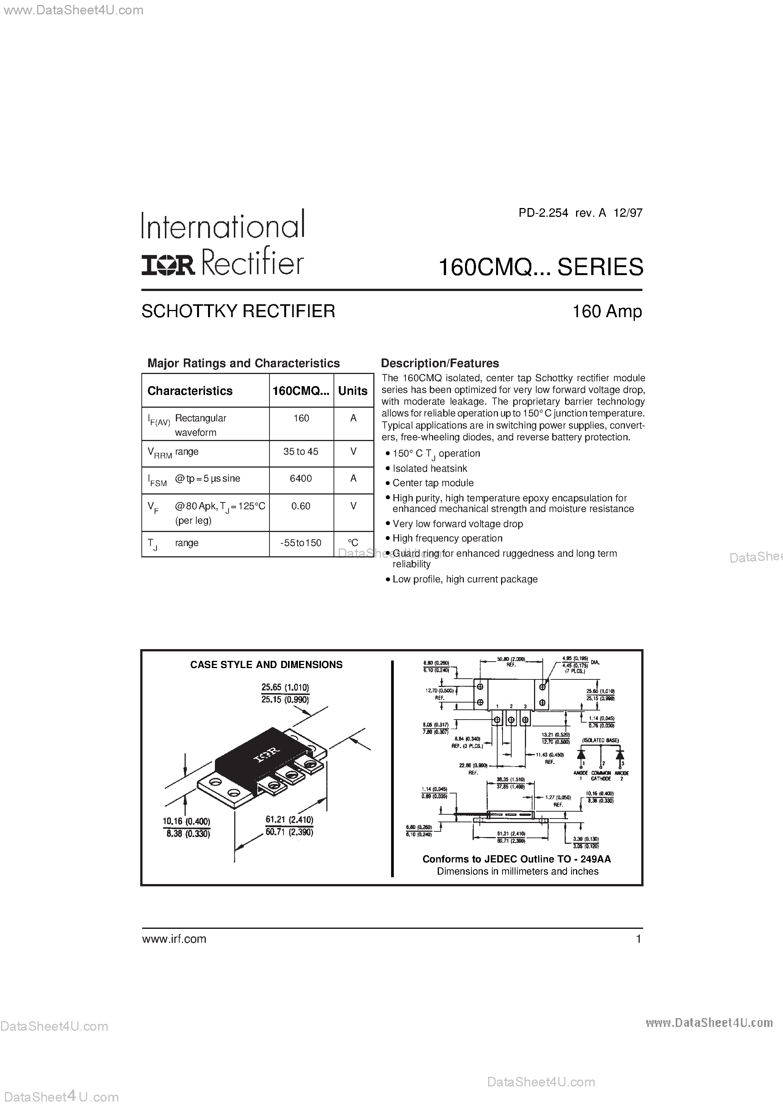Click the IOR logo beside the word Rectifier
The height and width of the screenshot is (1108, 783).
168,265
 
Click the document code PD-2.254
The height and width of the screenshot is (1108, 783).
543,213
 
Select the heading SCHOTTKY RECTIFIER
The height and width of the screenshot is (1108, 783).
238,311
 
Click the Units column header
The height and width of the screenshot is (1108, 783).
353,391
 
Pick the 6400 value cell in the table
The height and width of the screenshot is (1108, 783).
301,478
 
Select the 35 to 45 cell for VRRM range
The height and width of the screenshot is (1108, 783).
301,452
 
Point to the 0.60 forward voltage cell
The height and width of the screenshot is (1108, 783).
301,506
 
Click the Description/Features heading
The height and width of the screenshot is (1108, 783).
440,363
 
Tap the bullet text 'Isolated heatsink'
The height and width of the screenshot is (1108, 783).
430,468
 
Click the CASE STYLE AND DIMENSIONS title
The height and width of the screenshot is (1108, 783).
266,665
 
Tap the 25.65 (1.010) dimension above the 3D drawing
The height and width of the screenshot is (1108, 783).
285,687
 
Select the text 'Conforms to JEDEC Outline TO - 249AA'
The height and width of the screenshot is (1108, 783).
517,859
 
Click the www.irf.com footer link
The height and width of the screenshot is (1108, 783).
174,939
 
